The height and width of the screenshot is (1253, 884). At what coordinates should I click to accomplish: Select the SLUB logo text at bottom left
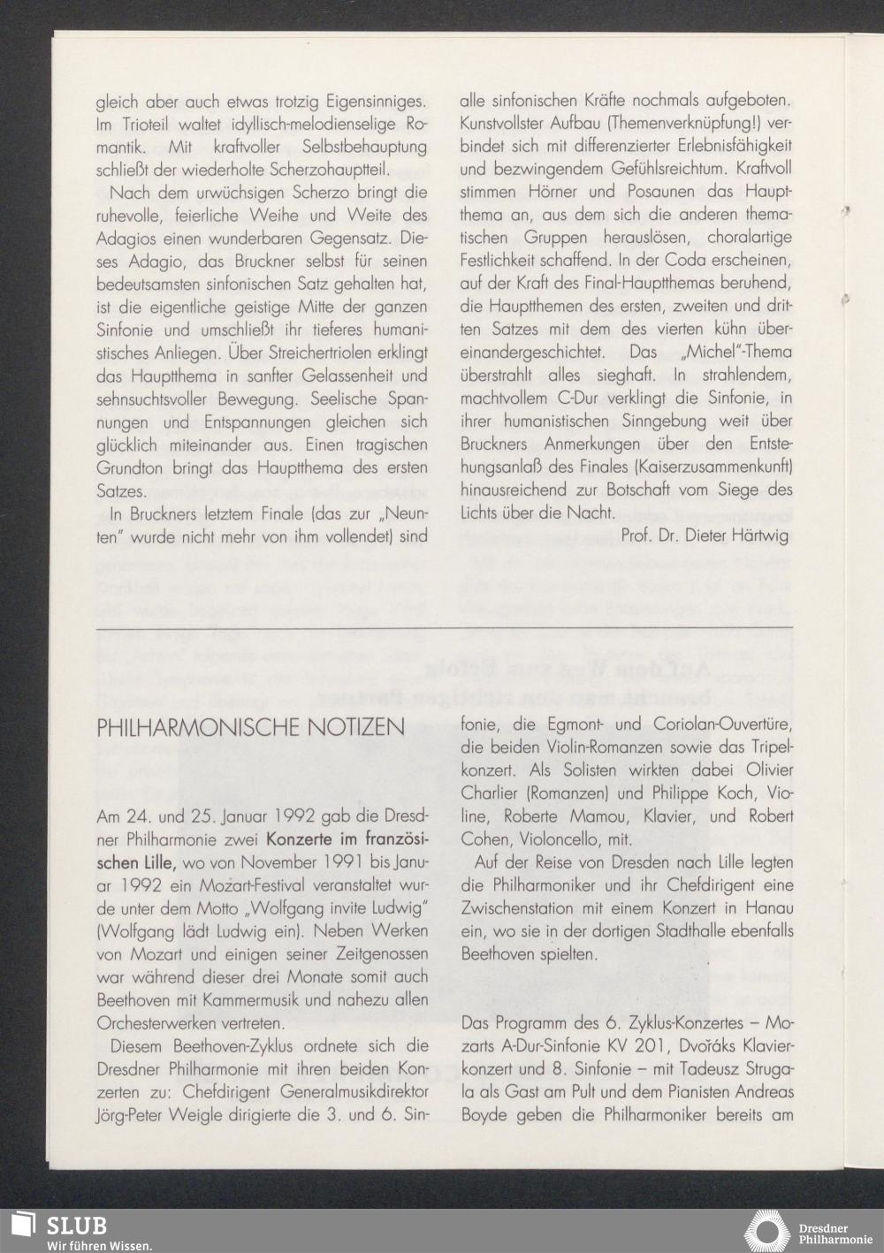click(x=77, y=1226)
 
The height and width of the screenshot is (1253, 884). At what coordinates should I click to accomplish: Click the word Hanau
click(x=770, y=907)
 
